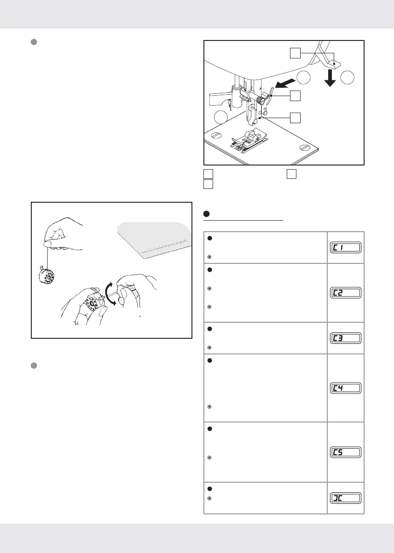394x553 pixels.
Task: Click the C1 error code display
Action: (345, 248)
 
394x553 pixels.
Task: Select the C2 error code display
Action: (345, 293)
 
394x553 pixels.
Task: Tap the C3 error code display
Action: (345, 338)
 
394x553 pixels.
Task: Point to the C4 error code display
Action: (345, 388)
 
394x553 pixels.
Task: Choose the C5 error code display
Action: (345, 452)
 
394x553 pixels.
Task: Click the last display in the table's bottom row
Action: (345, 498)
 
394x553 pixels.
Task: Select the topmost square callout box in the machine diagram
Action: (295, 54)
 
